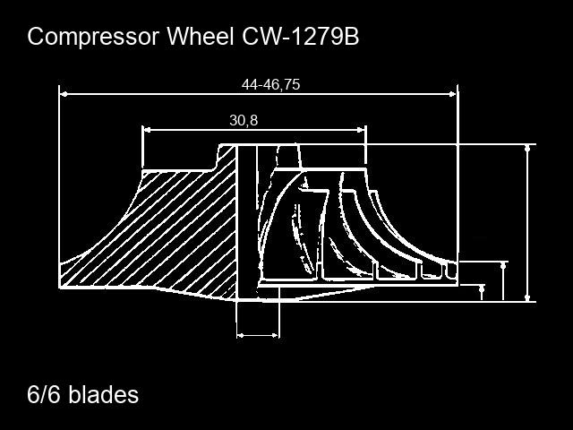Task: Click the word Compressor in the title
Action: [x=93, y=37]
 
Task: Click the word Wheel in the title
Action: [x=201, y=36]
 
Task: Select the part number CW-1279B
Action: [x=301, y=36]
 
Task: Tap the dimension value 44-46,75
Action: [x=270, y=84]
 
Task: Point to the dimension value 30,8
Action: [x=244, y=120]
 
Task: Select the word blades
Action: [x=104, y=394]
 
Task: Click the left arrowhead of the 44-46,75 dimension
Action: [x=64, y=94]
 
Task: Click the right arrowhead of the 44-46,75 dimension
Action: [x=453, y=94]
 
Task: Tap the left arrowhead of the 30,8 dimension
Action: [x=147, y=129]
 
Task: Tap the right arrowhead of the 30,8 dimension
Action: [x=362, y=129]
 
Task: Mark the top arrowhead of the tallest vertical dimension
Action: [x=527, y=148]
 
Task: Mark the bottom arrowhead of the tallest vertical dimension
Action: [x=527, y=297]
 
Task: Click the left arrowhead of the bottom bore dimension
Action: [x=241, y=335]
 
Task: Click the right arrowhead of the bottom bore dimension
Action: [x=275, y=335]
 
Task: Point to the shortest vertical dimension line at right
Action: [x=482, y=293]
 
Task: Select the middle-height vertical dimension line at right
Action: [x=504, y=280]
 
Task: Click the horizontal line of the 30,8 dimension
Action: [x=254, y=129]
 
